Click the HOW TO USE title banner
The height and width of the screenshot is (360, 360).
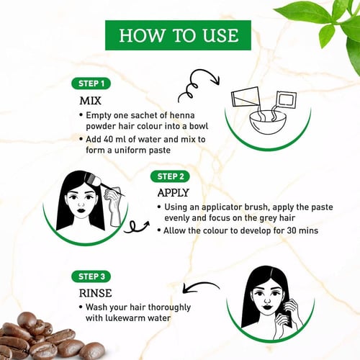[178, 35]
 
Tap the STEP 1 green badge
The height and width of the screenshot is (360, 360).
[91, 84]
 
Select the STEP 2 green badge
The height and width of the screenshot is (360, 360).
[170, 176]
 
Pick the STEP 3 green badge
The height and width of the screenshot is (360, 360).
[91, 276]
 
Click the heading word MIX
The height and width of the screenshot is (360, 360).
[90, 101]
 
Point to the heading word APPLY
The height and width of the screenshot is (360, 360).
[174, 193]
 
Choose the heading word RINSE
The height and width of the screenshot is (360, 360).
[96, 293]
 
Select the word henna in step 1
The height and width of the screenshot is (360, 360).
[182, 115]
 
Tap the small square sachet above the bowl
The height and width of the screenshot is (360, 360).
[287, 99]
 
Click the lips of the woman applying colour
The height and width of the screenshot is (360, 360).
[81, 212]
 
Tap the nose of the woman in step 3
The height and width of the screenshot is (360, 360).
[267, 300]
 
